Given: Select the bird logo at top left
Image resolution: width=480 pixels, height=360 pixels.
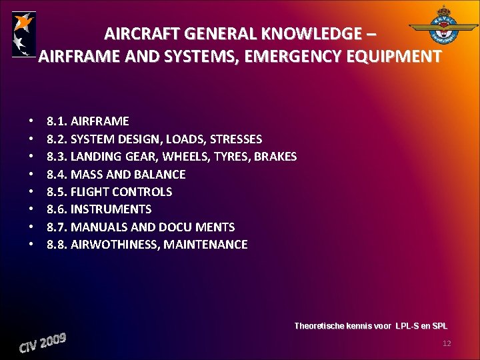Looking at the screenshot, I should tap(24, 34).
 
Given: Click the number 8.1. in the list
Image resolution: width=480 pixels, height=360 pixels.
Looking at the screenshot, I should tap(57, 121).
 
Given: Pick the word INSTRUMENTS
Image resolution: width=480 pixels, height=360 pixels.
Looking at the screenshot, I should tap(111, 209).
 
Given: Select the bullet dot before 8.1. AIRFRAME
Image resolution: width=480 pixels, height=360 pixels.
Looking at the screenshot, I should tap(31, 122).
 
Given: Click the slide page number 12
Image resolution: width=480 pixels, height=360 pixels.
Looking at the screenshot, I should tap(447, 343).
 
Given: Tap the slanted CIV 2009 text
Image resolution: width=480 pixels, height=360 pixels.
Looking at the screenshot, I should tap(43, 344).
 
